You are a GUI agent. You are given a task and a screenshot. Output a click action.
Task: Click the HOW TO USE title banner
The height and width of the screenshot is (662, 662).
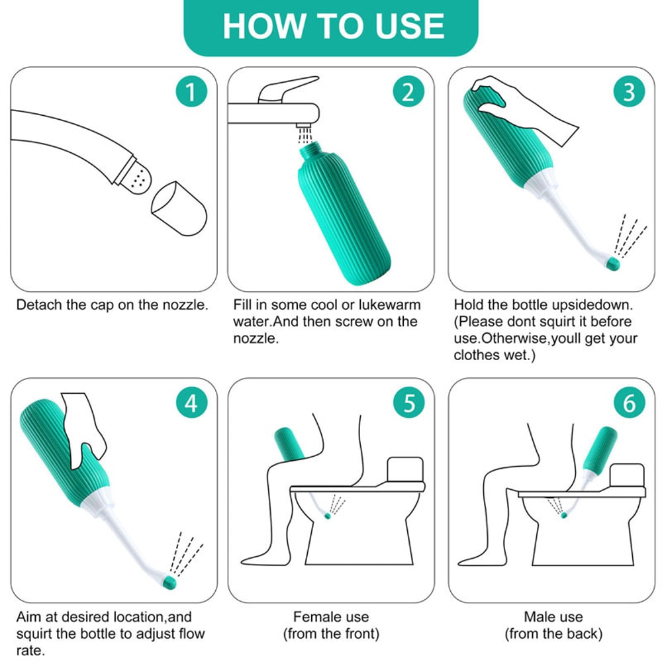pos(331,26)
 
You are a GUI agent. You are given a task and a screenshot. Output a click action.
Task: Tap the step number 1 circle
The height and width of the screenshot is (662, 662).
pos(191,92)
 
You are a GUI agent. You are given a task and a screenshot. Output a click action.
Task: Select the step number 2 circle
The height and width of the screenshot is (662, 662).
pos(408,92)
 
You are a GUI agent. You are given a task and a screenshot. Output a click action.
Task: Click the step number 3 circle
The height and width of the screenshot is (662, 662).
pos(629,92)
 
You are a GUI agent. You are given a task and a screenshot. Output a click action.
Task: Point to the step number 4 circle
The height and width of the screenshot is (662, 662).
pos(191,403)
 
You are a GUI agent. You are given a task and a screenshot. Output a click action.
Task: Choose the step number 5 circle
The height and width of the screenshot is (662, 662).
pos(408,403)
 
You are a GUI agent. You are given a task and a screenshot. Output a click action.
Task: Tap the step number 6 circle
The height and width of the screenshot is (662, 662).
pos(629,403)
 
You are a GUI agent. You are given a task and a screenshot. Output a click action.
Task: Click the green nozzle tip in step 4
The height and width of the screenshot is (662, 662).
pos(170,583)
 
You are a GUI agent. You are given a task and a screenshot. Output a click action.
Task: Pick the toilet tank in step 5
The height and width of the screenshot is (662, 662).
pos(404,469)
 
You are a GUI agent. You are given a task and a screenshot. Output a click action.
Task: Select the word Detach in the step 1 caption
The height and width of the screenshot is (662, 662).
pos(36,305)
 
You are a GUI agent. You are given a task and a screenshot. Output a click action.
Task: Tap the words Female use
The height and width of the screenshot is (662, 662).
pos(331,617)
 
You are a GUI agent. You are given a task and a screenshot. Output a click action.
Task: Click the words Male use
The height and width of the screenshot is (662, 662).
pos(553,617)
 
